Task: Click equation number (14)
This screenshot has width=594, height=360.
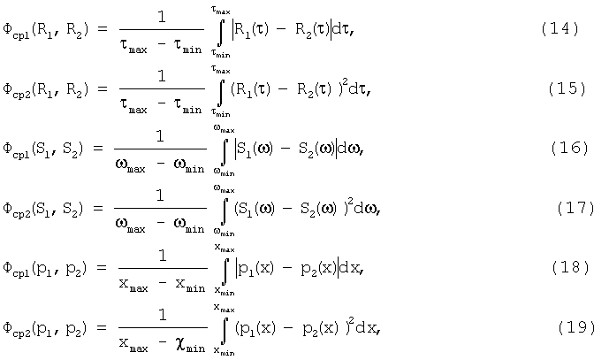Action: (x=560, y=29)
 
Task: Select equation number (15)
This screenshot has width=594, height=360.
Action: (x=567, y=88)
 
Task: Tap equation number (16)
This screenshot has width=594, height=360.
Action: (x=570, y=148)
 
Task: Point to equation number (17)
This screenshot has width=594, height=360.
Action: (x=575, y=208)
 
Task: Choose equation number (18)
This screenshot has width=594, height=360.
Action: (x=570, y=267)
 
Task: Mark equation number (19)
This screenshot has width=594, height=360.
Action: (x=575, y=327)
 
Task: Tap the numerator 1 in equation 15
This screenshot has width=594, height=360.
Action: (x=162, y=76)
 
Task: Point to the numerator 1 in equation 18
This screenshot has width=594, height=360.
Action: (x=163, y=256)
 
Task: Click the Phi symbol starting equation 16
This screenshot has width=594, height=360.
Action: (x=7, y=148)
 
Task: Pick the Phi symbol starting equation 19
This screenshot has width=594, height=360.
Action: (x=7, y=327)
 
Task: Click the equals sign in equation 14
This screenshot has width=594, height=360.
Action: (x=103, y=29)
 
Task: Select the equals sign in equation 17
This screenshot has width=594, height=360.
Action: (x=98, y=208)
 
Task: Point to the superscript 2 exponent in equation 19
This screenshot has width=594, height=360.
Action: (x=351, y=320)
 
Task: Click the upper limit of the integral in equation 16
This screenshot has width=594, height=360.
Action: (x=224, y=129)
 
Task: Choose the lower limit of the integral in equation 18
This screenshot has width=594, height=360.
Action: (x=225, y=291)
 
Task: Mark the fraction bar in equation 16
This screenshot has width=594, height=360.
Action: (x=160, y=149)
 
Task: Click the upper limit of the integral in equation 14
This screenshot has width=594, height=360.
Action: (x=221, y=10)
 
